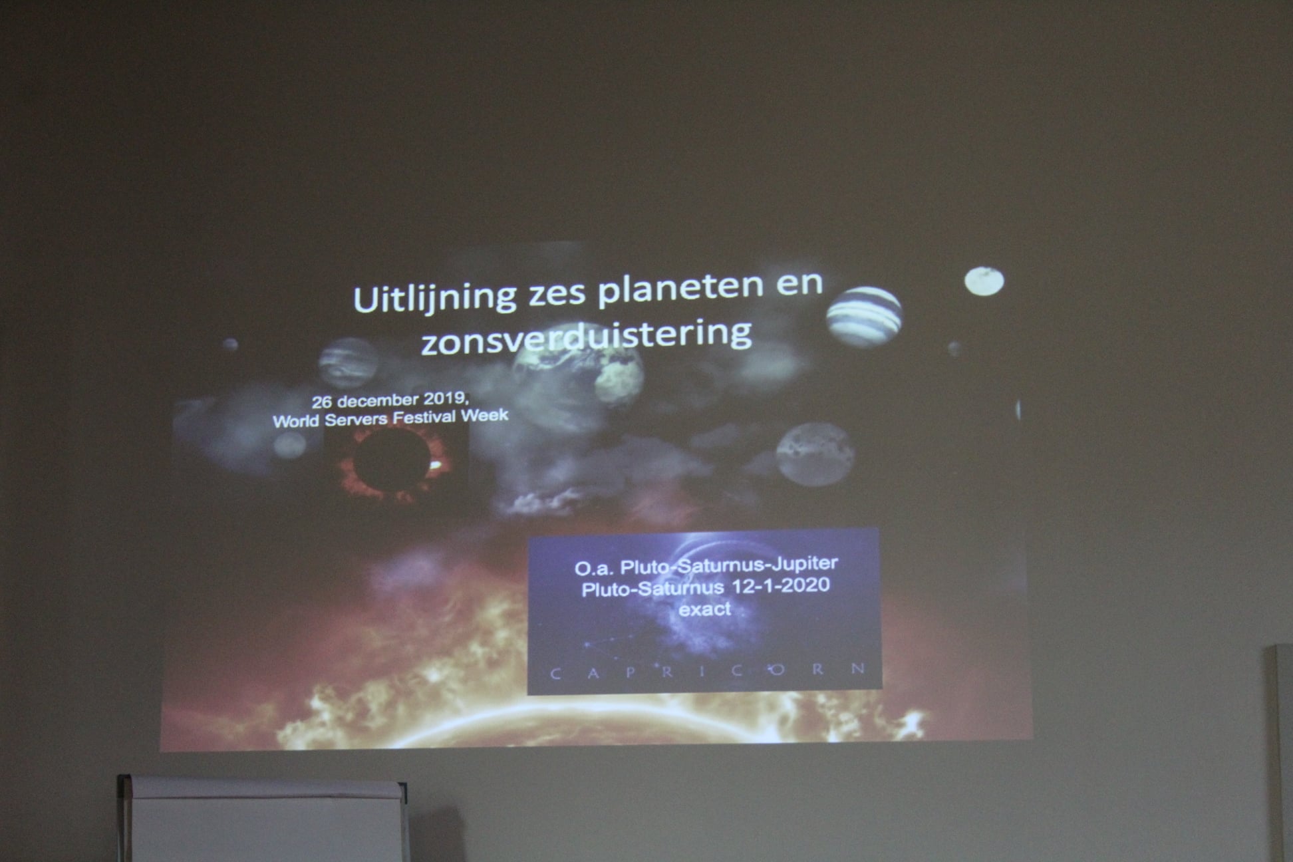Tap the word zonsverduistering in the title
coord(587,336)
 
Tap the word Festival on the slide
coord(423,418)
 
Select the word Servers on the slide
coord(355,420)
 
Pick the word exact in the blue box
coord(704,609)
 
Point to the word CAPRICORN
coord(708,671)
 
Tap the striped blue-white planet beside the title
coord(864,317)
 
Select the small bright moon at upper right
coord(984,281)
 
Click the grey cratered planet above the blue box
coord(815,454)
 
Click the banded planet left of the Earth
coord(349,363)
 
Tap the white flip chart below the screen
coord(263,819)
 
